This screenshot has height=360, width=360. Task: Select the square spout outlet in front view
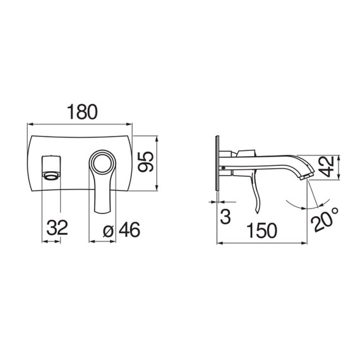point(51,165)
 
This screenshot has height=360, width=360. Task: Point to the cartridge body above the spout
point(246,152)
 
